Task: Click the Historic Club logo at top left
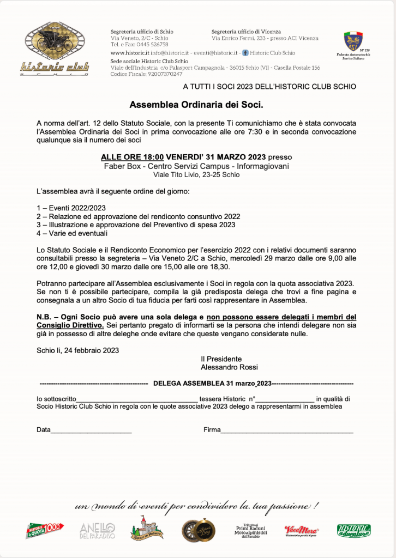55,48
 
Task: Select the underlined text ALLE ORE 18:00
132,157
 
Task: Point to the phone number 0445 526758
150,45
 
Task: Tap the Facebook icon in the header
245,53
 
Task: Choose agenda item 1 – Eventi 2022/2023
71,208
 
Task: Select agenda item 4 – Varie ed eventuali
72,233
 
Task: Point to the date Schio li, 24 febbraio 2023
77,350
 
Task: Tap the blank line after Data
91,430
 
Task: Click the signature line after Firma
287,430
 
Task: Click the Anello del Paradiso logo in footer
98,530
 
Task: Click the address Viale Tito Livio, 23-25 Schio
196,175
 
